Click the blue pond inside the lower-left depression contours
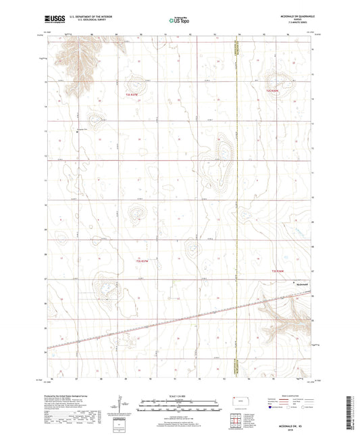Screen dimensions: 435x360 [x=105, y=290]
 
